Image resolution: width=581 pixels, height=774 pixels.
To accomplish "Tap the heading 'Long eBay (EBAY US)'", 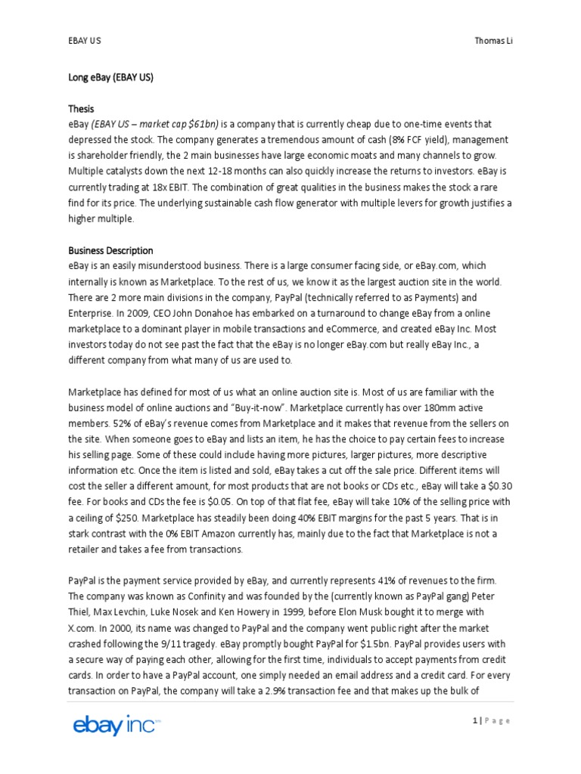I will [x=111, y=76].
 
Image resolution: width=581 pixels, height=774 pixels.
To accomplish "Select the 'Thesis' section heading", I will [x=81, y=109].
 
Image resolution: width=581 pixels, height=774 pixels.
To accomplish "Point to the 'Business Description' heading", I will [x=110, y=250].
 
